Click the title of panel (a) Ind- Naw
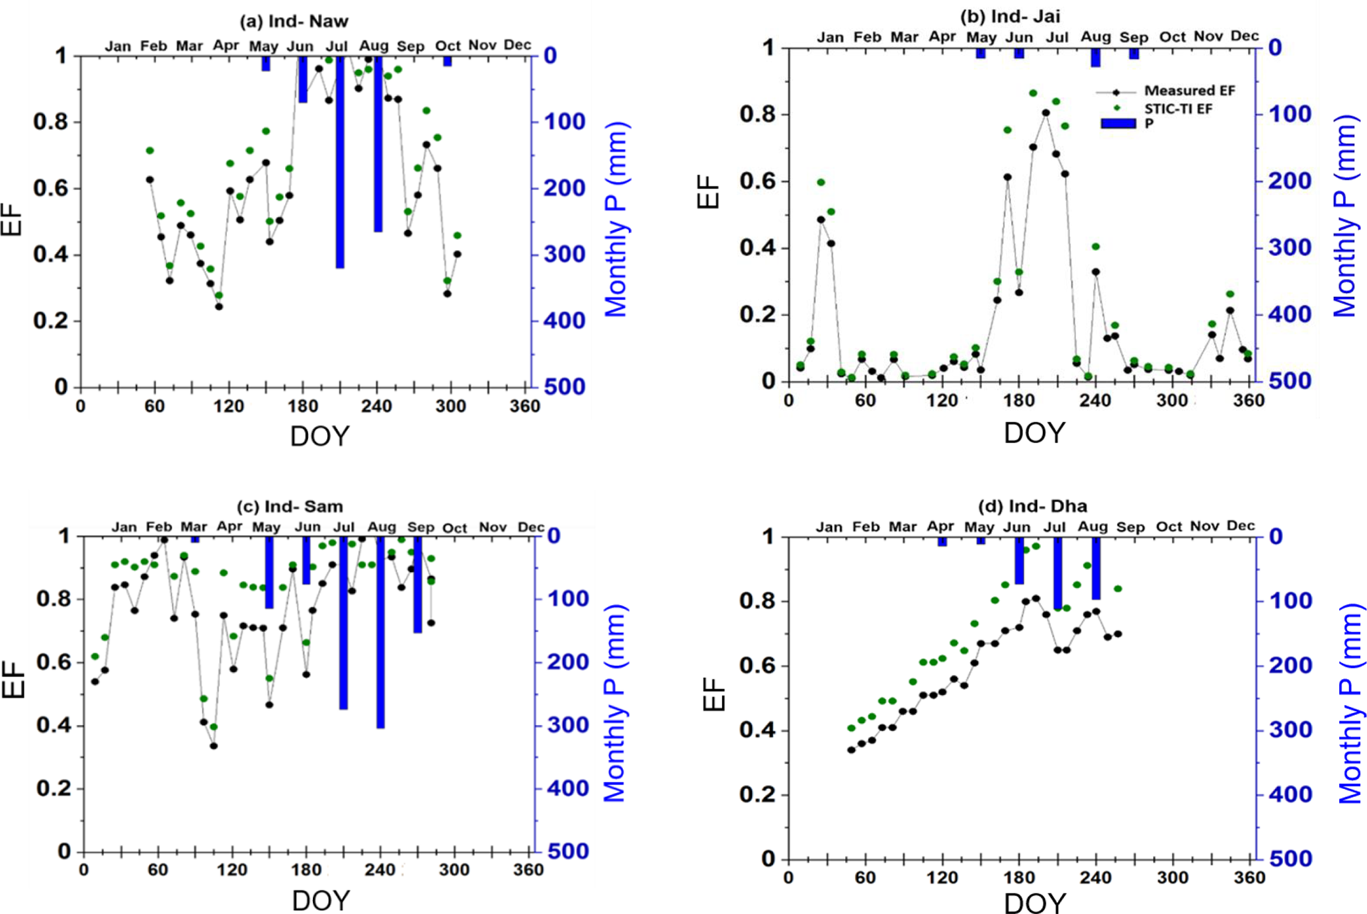point(294,22)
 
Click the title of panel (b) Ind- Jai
point(1010,17)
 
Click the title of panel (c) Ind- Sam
point(290,507)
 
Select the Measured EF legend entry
point(1189,91)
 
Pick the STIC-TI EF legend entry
point(1178,108)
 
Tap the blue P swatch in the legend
point(1118,124)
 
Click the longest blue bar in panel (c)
point(380,632)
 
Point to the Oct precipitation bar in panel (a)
point(448,62)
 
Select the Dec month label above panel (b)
point(1244,36)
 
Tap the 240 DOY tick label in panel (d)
point(1095,878)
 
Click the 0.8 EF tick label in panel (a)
point(51,122)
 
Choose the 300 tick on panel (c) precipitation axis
point(567,726)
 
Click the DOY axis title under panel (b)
point(1034,433)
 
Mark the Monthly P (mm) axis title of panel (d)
point(1351,703)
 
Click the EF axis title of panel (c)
point(13,679)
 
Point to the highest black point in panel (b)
point(1046,113)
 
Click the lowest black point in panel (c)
point(214,746)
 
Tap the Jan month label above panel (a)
point(118,46)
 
